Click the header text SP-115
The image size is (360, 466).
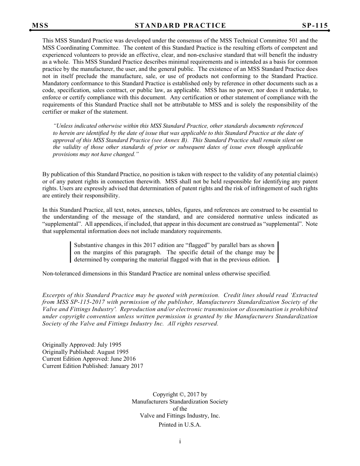tap(315, 25)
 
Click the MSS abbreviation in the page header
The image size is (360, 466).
tap(40, 25)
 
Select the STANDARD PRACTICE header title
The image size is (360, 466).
tap(180, 25)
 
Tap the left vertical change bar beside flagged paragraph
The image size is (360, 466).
tap(71, 252)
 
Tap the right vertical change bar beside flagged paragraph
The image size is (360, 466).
tap(278, 252)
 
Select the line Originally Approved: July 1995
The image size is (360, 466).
tap(82, 345)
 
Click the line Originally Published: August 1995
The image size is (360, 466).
tap(85, 352)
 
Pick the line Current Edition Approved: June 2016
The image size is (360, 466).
tap(89, 359)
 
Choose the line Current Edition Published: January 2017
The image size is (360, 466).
tap(93, 366)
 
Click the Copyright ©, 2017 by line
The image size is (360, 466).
tap(180, 394)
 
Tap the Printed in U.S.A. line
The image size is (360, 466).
tap(180, 425)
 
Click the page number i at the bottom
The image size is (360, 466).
tap(180, 441)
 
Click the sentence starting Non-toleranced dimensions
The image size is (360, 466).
tap(156, 273)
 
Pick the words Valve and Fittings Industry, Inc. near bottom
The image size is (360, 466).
tap(180, 416)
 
